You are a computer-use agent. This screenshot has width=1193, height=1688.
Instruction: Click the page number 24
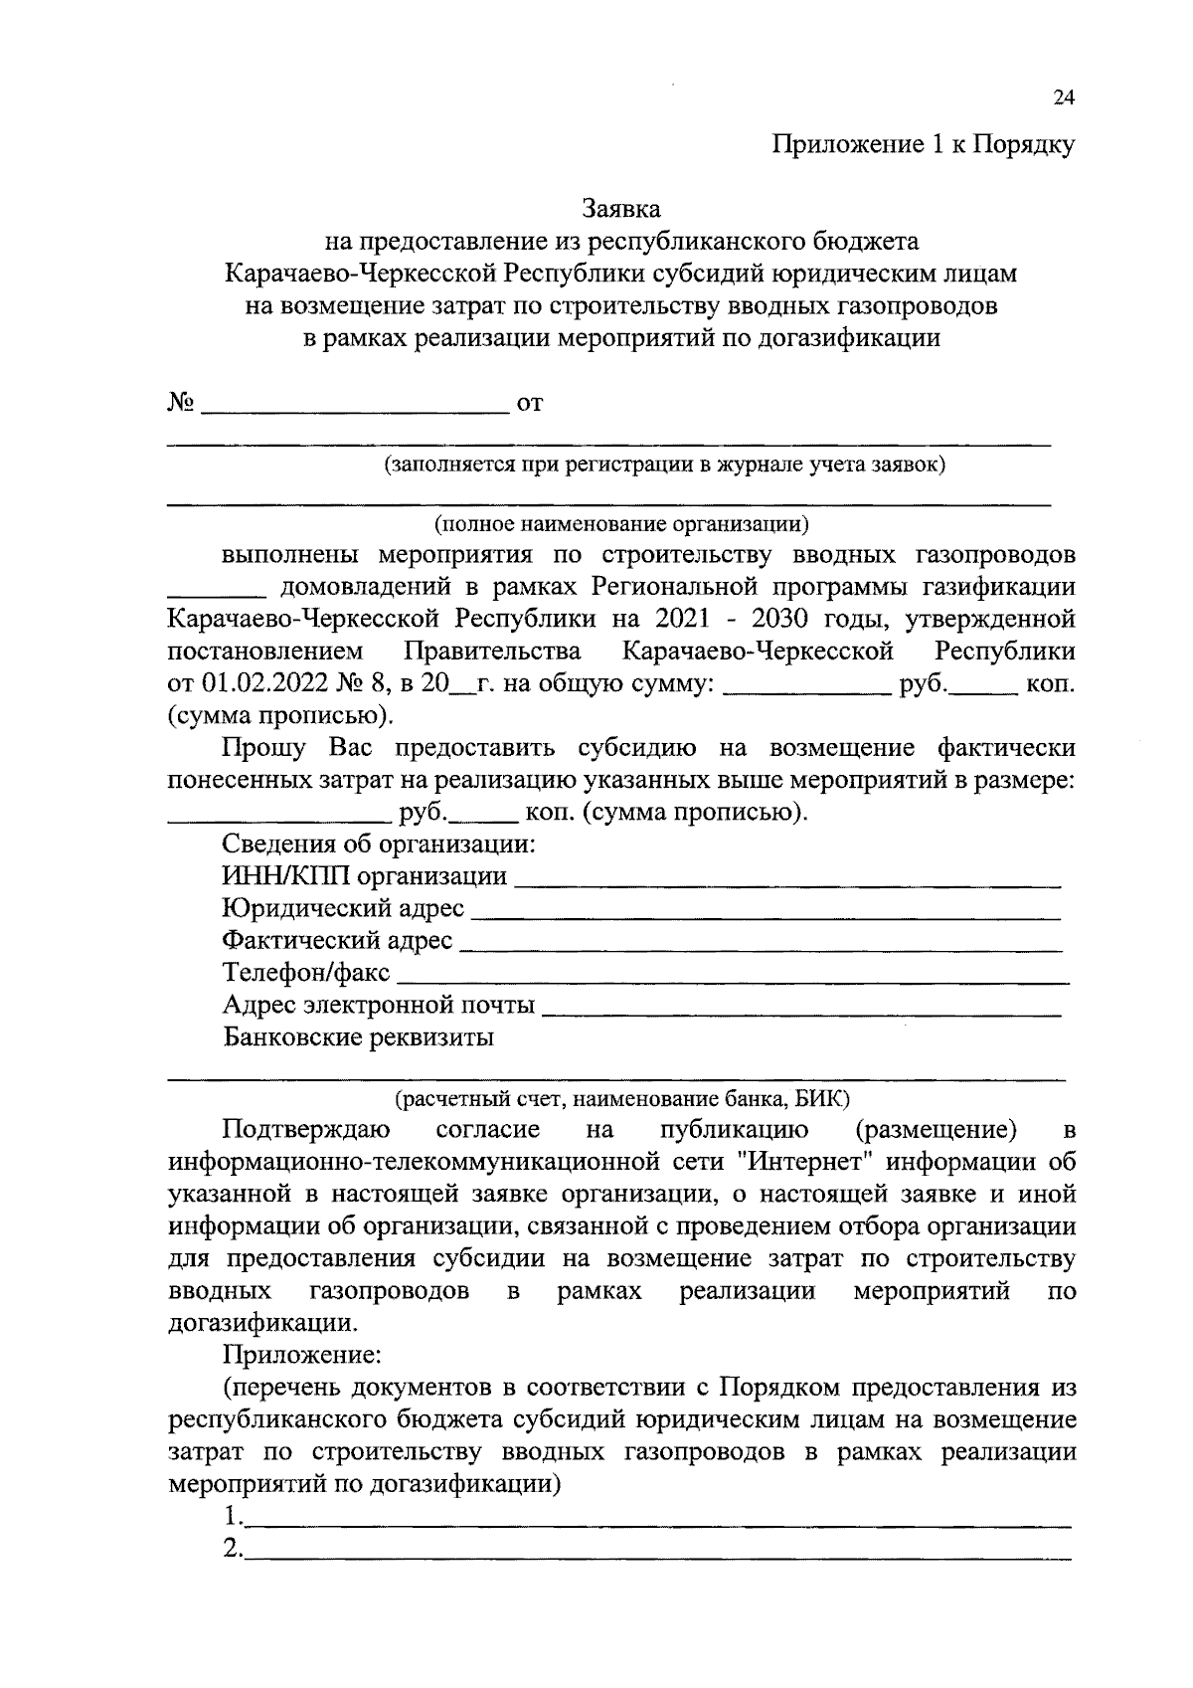1063,97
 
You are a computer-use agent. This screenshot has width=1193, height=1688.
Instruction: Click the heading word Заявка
621,210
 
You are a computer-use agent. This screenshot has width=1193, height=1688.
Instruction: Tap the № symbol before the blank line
180,403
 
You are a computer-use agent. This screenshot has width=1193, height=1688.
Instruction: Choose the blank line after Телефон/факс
733,979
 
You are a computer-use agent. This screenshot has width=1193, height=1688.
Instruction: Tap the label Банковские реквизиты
359,1037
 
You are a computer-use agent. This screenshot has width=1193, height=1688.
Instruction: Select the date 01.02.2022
259,684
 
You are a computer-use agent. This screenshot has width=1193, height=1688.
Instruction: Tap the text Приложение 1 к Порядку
924,146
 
